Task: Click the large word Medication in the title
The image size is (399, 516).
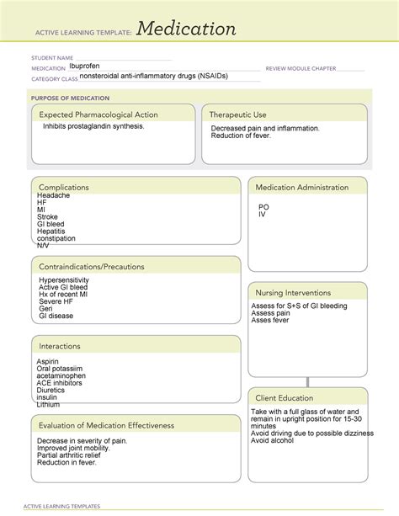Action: pyautogui.click(x=186, y=29)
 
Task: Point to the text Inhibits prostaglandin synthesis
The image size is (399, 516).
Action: pyautogui.click(x=93, y=126)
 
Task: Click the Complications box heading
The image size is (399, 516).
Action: pyautogui.click(x=64, y=187)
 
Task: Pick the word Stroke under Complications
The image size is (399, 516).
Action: pyautogui.click(x=48, y=217)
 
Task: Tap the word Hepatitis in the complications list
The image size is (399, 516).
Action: pyautogui.click(x=52, y=231)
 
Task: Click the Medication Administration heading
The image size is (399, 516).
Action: pyautogui.click(x=301, y=186)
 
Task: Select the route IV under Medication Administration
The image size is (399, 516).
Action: pyautogui.click(x=262, y=214)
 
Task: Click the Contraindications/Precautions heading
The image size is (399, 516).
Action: pyautogui.click(x=91, y=267)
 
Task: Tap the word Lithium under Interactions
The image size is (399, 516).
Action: pyautogui.click(x=48, y=405)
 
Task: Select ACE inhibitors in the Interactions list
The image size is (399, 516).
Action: pyautogui.click(x=61, y=383)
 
